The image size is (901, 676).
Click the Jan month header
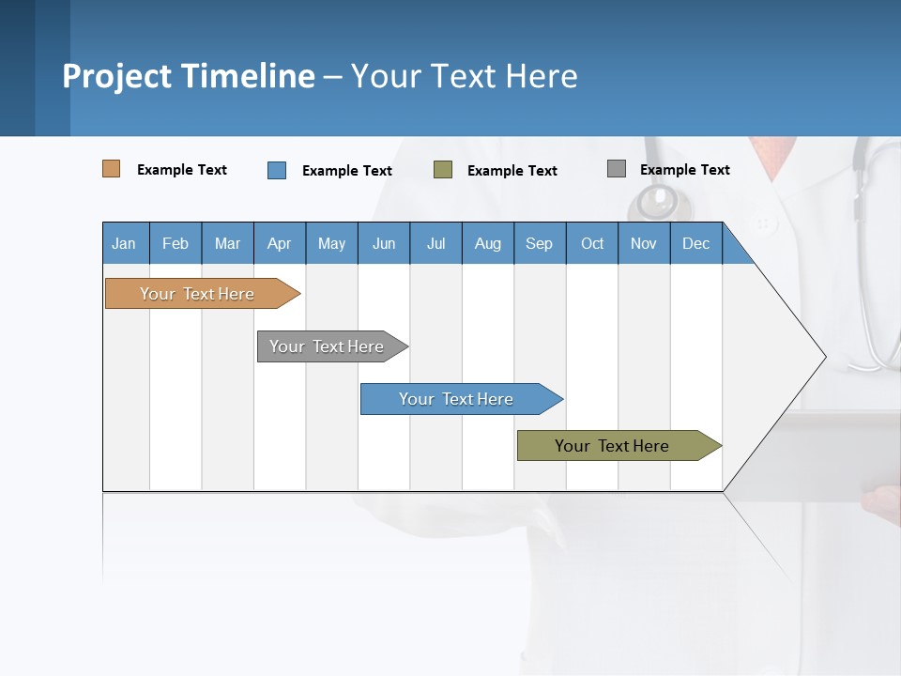pos(125,243)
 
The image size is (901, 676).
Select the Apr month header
pos(280,243)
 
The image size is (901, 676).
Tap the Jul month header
pos(435,243)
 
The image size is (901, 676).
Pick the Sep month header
pos(540,243)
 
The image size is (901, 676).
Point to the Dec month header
pos(695,243)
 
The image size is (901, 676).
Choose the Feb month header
pos(176,243)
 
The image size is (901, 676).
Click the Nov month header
pos(644,243)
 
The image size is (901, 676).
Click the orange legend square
pos(112,169)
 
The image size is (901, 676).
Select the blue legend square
pos(277,170)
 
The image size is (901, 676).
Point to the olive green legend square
pos(443,170)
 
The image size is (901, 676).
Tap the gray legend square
pos(617,169)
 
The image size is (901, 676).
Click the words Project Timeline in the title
pos(189,76)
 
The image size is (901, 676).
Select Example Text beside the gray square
pos(684,170)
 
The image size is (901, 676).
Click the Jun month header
pos(384,243)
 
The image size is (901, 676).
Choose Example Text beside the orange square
pos(182,170)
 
